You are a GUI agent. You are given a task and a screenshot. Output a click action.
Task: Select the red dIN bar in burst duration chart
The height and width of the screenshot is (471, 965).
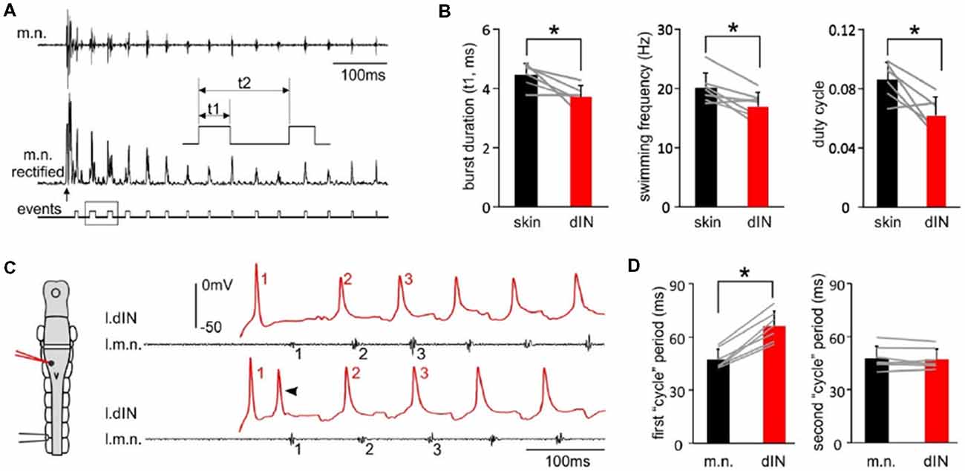tap(580, 152)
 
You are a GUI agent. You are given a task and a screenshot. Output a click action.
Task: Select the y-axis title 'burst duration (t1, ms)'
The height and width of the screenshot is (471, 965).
tap(470, 118)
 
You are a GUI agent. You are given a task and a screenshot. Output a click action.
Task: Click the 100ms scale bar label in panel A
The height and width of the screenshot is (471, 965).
tap(364, 75)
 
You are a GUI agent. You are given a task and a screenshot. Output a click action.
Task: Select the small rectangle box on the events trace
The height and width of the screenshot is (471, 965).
tap(101, 212)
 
